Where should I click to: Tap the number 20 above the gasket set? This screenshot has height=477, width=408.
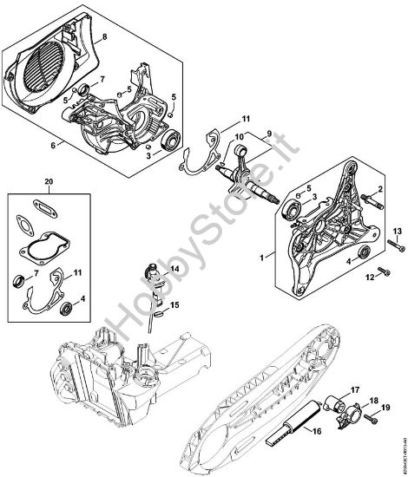click(x=48, y=183)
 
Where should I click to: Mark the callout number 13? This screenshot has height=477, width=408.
click(x=398, y=229)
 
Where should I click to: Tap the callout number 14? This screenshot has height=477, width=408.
click(x=175, y=271)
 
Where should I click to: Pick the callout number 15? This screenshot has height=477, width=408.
click(x=175, y=304)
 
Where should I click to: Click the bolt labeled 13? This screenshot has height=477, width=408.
click(x=392, y=245)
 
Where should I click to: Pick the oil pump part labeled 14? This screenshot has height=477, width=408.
click(x=158, y=279)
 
